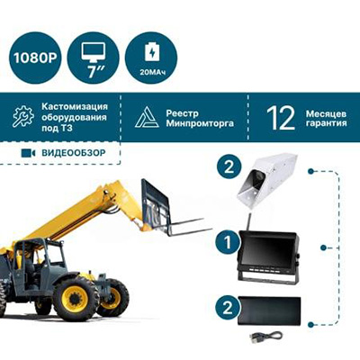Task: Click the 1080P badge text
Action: click(x=35, y=58)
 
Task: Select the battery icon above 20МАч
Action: click(x=152, y=51)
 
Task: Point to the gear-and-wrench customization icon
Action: click(x=23, y=116)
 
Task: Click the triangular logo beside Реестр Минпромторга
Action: click(x=147, y=117)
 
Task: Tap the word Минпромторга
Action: click(x=200, y=123)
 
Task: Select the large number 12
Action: click(x=281, y=118)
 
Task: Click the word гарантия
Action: click(x=327, y=123)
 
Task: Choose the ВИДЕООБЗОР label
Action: click(x=74, y=153)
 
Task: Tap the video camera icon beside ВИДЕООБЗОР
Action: click(x=28, y=153)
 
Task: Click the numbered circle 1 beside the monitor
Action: click(x=228, y=242)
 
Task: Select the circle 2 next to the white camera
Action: click(x=229, y=166)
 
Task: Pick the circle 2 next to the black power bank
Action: click(x=228, y=308)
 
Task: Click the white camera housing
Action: click(x=267, y=179)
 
